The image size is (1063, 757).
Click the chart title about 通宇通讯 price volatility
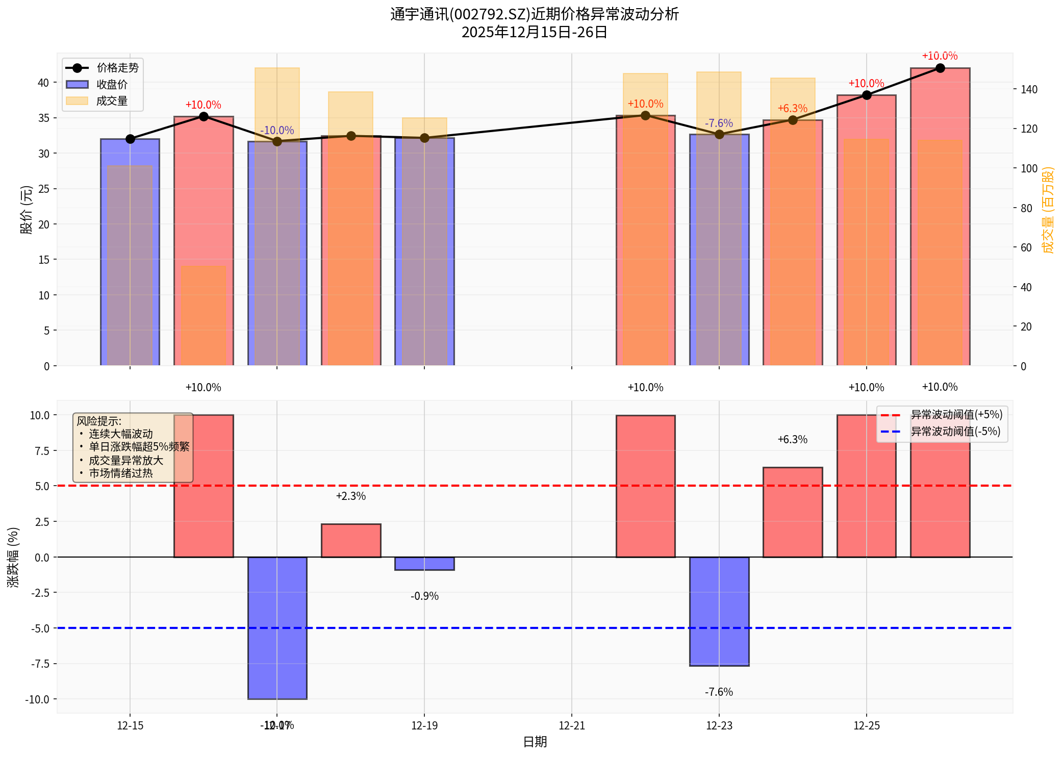[x=534, y=14]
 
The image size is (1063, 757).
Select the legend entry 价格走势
[x=117, y=68]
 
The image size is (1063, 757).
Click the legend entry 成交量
[x=112, y=101]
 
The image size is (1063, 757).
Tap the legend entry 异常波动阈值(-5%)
[x=955, y=432]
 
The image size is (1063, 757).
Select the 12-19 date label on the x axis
[x=424, y=725]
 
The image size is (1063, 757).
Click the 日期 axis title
[x=535, y=742]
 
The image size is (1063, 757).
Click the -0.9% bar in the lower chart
[x=424, y=564]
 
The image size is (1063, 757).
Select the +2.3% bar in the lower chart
[x=351, y=541]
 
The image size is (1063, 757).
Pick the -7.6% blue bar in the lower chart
[x=719, y=611]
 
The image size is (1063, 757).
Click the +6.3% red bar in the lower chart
[x=793, y=512]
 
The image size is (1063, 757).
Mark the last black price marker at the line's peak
[x=940, y=68]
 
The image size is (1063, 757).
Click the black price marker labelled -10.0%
[x=277, y=141]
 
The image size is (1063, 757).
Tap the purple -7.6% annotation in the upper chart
[x=719, y=123]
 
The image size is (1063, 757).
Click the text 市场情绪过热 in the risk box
[x=121, y=473]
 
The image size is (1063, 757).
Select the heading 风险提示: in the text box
[x=99, y=421]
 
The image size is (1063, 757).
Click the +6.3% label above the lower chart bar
[x=792, y=440]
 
